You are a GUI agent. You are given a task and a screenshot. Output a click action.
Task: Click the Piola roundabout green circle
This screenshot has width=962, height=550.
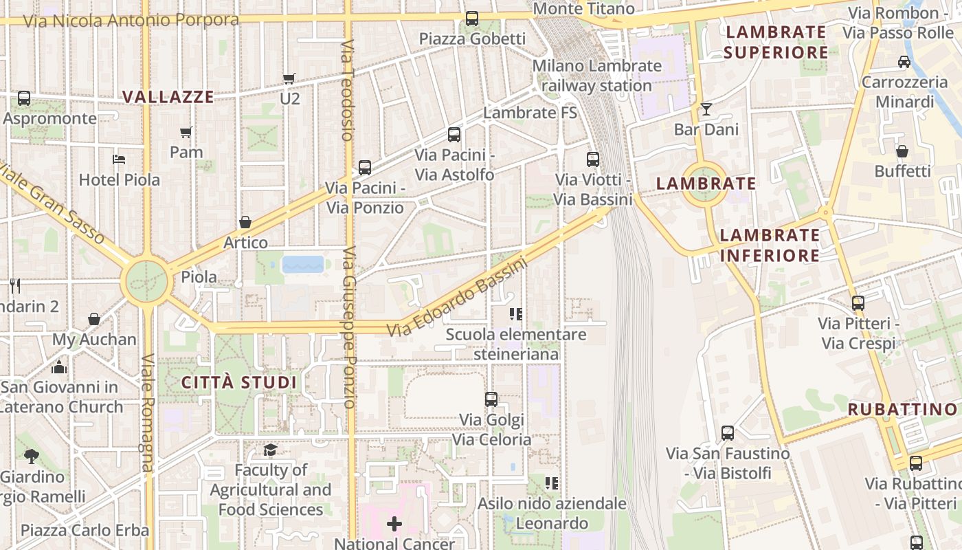coord(146,281)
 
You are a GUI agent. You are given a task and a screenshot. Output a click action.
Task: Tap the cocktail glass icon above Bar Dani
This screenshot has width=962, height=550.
coord(706,109)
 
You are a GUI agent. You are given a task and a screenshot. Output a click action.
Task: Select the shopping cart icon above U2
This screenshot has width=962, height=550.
coord(289,78)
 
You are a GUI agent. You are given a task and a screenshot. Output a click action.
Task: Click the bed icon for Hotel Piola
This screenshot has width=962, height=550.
coord(119,159)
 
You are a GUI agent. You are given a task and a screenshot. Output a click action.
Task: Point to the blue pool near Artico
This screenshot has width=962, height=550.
coord(302,264)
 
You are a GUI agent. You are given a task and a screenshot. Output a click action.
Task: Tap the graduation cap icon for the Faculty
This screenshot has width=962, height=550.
coord(270,450)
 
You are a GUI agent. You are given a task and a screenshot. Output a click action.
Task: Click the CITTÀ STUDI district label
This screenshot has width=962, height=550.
coord(239,382)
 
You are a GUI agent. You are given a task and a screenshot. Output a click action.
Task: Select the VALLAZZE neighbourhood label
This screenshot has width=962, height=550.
coord(168,97)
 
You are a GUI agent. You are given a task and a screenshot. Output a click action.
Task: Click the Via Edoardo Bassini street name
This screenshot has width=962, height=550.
coord(456,297)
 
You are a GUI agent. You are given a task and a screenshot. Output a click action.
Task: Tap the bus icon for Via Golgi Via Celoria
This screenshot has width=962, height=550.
coord(491,399)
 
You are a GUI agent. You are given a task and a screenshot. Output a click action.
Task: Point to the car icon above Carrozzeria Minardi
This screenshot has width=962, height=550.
coord(904,62)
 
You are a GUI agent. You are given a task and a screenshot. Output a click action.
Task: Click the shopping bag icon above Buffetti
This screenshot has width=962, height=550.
coord(902,151)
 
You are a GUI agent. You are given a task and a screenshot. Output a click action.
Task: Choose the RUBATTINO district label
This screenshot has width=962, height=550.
coord(902,410)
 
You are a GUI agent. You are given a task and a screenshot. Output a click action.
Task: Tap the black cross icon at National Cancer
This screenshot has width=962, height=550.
coord(394,525)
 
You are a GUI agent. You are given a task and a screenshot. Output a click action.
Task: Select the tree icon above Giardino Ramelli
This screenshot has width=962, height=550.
coord(32,456)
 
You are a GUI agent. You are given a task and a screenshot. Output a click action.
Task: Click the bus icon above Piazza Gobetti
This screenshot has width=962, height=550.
coord(471,19)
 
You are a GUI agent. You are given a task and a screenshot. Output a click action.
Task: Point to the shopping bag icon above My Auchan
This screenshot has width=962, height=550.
coord(94,319)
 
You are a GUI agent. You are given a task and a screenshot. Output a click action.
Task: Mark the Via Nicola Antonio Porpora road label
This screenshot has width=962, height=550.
coord(131,20)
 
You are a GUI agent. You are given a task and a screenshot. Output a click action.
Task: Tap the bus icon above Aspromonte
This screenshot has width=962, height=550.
coord(24,98)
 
